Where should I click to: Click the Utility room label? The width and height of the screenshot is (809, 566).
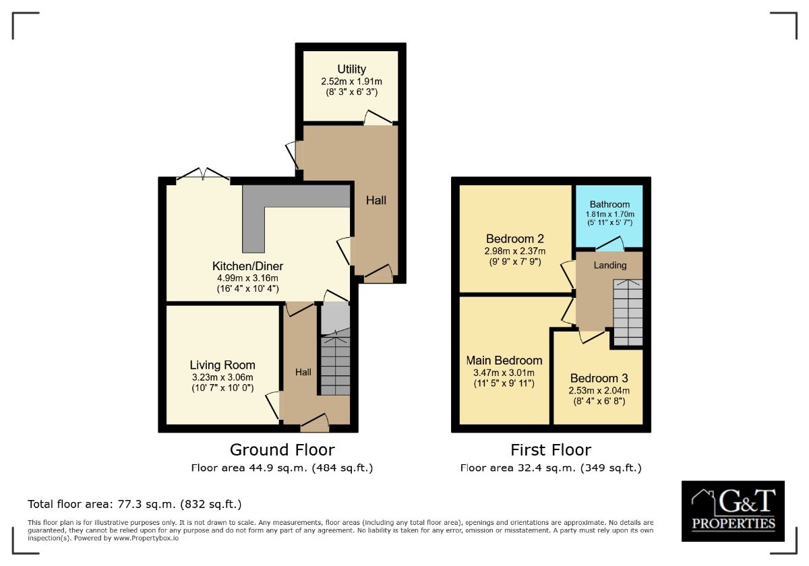click(351, 69)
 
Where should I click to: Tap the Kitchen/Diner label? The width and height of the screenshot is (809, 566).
click(247, 266)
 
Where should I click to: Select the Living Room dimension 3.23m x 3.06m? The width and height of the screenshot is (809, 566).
click(222, 377)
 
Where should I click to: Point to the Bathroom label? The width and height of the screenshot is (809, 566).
click(609, 204)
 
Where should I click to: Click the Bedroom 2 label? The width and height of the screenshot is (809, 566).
click(515, 239)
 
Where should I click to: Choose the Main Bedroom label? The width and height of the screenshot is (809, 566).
click(504, 360)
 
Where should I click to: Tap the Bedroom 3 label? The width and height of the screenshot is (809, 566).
click(599, 378)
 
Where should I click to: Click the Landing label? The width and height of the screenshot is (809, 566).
click(610, 265)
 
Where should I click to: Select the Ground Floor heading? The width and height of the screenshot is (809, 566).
click(282, 450)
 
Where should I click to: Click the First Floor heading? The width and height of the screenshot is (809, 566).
click(551, 450)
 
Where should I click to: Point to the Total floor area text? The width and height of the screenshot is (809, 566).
click(135, 504)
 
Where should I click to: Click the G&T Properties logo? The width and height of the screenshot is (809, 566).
click(733, 511)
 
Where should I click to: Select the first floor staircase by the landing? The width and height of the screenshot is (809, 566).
click(628, 313)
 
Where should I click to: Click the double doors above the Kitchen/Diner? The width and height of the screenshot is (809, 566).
click(203, 175)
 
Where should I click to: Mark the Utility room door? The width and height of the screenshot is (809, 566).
click(378, 118)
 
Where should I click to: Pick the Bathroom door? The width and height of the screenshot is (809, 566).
click(609, 244)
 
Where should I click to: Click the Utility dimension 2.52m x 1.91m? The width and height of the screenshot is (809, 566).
click(351, 82)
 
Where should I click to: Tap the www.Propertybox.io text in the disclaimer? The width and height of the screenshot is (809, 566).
click(146, 538)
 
